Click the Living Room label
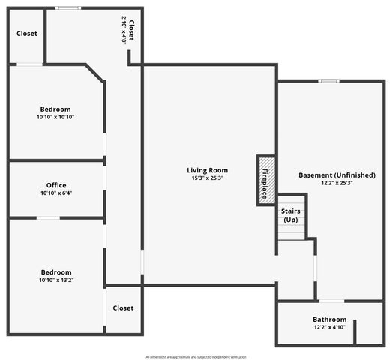pyautogui.click(x=207, y=170)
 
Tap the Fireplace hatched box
pyautogui.click(x=266, y=179)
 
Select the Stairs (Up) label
pyautogui.click(x=291, y=215)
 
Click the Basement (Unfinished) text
pyautogui.click(x=337, y=175)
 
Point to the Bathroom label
pyautogui.click(x=330, y=319)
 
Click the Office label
pyautogui.click(x=56, y=185)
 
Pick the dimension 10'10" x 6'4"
pyautogui.click(x=56, y=193)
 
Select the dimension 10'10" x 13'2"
pyautogui.click(x=56, y=280)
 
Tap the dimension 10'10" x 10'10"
pyautogui.click(x=56, y=117)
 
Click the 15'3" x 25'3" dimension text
pyautogui.click(x=207, y=178)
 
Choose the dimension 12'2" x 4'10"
pyautogui.click(x=330, y=328)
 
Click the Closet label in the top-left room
pyautogui.click(x=27, y=34)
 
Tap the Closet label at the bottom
pyautogui.click(x=123, y=307)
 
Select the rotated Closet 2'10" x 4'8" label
pyautogui.click(x=128, y=31)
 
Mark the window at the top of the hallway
pyautogui.click(x=68, y=8)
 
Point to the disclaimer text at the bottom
pyautogui.click(x=196, y=356)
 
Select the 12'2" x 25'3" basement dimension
pyautogui.click(x=337, y=184)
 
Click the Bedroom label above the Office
pyautogui.click(x=56, y=109)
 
